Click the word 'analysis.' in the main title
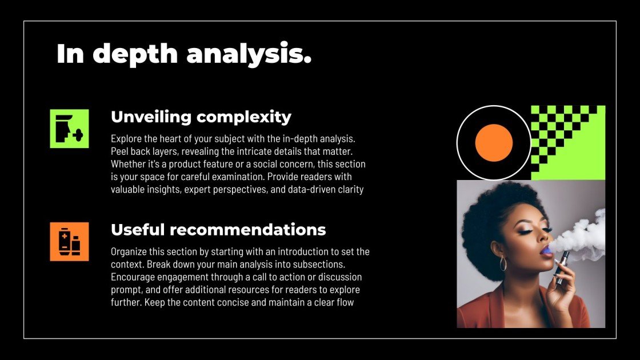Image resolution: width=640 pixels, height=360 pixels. pos(249,54)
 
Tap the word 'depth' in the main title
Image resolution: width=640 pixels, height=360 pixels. pos(135,54)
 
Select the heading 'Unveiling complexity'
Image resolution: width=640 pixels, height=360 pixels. pos(201,117)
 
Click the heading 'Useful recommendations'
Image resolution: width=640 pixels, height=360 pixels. pos(218,230)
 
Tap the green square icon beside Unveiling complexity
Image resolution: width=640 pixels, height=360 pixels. pos(69,129)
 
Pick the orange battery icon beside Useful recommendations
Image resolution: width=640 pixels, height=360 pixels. pos(69,242)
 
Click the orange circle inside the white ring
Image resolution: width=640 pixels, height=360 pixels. pos(494,143)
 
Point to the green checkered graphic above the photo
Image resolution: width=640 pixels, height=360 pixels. pos(568,142)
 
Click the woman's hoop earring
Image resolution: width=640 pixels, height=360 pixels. pos(503,263)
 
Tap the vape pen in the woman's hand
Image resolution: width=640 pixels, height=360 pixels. pos(562,267)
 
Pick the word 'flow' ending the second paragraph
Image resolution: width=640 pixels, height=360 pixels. pos(346,302)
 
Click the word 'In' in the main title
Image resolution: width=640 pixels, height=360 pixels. pos(70,54)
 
